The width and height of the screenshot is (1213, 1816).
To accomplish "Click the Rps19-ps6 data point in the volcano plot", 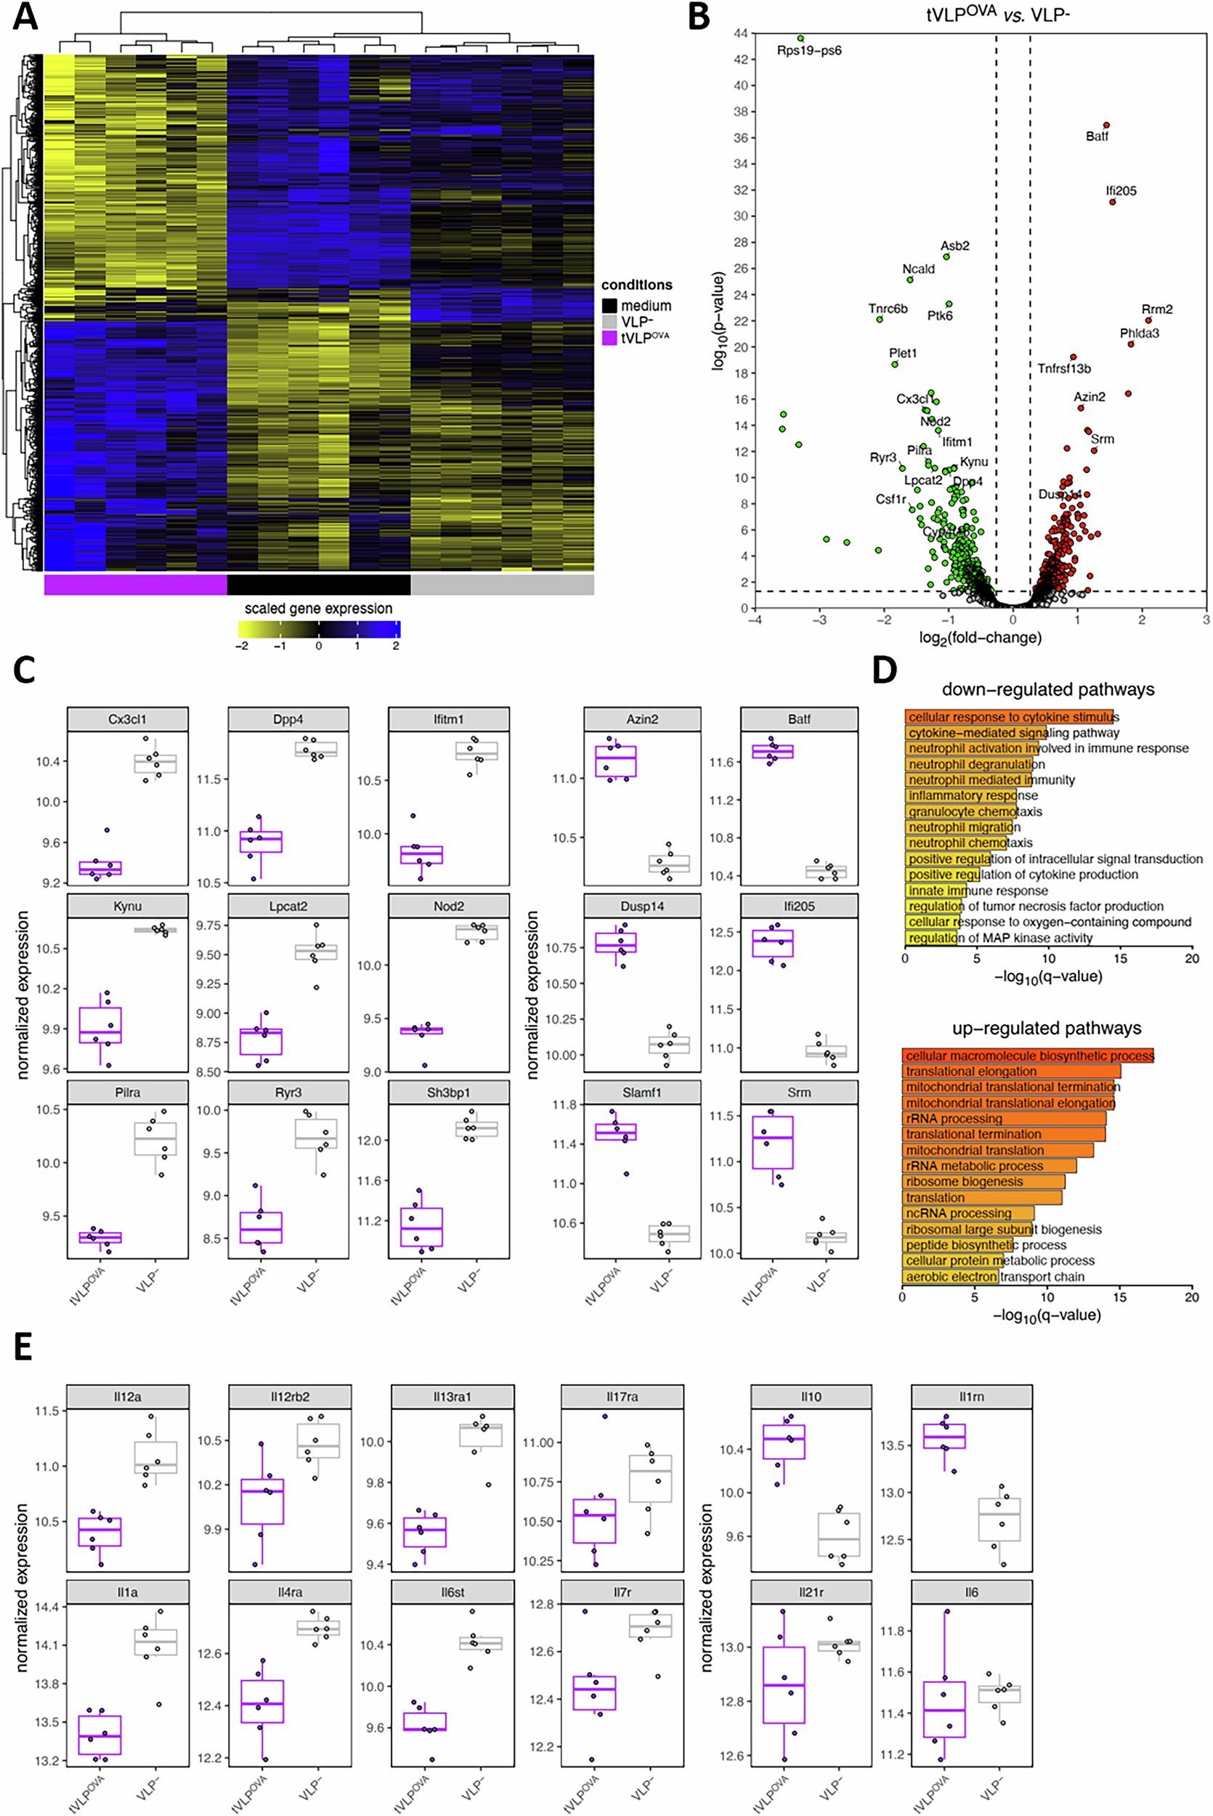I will click(x=800, y=38).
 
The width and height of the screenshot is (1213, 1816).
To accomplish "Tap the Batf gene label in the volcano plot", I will click(x=1096, y=137).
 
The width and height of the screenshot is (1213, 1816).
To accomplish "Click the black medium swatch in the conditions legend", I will click(x=609, y=307).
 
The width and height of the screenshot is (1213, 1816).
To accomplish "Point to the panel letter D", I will click(x=885, y=670).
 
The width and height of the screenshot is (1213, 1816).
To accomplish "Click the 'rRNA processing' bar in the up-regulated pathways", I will click(x=1003, y=1119).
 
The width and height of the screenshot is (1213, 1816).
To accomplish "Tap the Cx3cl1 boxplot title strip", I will click(x=128, y=719).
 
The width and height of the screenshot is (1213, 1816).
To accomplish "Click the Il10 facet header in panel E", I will click(x=811, y=1397).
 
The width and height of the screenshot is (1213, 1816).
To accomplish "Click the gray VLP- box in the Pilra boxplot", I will click(x=155, y=1138).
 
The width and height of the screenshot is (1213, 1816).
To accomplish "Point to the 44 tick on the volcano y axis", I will click(x=741, y=33).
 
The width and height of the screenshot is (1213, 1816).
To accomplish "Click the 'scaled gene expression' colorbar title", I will click(x=318, y=609).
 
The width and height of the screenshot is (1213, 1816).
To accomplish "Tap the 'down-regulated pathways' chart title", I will click(x=1047, y=690).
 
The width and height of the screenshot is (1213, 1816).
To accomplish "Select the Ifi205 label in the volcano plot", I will click(x=1121, y=191).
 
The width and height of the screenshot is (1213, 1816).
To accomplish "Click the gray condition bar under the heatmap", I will click(x=502, y=585).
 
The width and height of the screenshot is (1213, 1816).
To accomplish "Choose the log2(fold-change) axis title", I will click(x=980, y=637).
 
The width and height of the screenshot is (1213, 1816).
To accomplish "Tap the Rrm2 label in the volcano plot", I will click(x=1156, y=309).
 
